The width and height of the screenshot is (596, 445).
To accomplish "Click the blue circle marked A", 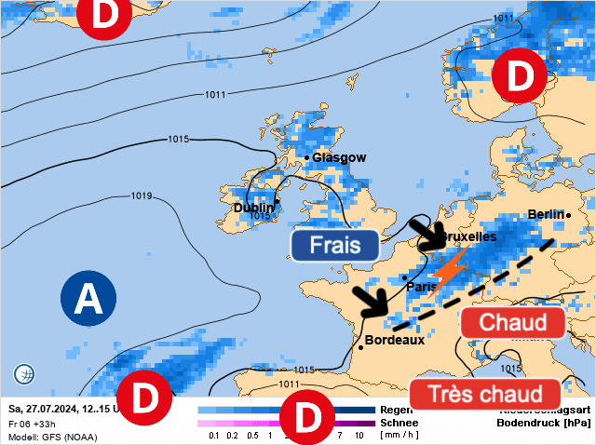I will click(88, 299).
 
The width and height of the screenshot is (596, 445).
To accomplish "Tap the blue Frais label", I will click(334, 245).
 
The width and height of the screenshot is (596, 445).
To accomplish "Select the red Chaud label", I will click(511, 323).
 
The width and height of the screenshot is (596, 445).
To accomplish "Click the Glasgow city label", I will click(339, 157).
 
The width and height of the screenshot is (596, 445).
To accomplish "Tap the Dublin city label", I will click(253, 207).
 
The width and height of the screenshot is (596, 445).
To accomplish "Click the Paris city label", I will click(421, 287).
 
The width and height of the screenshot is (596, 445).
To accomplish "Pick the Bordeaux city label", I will click(395, 340).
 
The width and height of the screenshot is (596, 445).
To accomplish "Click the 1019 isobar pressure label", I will click(142, 196).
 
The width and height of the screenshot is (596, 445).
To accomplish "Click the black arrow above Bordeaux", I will click(370, 300).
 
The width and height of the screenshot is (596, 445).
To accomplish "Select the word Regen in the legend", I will click(397, 409).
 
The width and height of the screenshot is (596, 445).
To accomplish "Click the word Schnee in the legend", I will click(400, 422).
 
